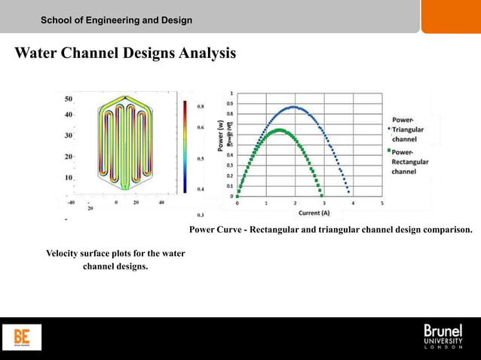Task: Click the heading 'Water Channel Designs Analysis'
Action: click(124, 54)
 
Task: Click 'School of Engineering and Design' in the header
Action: click(117, 20)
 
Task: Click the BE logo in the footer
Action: click(27, 337)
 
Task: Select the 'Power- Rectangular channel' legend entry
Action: click(409, 161)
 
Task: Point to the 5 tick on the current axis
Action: click(382, 203)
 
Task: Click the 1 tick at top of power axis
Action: click(231, 93)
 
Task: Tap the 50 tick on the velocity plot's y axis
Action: click(68, 99)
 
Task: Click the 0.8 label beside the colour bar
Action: click(200, 107)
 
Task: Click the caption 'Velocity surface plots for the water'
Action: click(115, 254)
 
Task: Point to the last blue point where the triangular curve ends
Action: click(348, 192)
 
